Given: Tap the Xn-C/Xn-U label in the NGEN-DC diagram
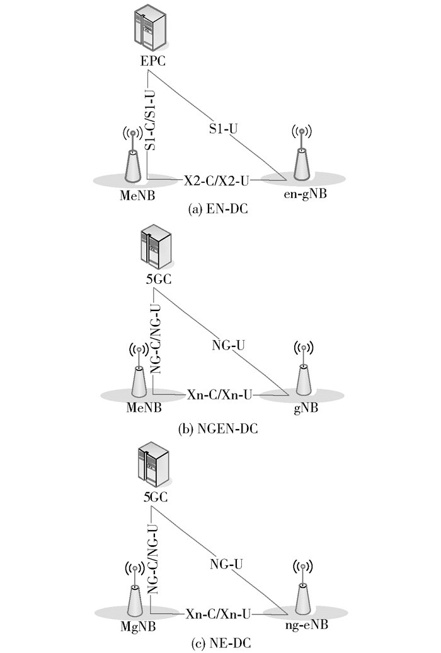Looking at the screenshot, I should click(x=220, y=395).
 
